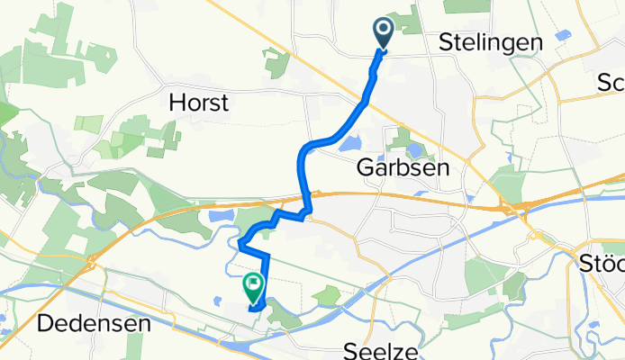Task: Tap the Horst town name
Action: [199, 103]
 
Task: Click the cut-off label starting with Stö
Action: [601, 265]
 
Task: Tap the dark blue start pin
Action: [383, 34]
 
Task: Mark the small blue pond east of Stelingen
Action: [564, 37]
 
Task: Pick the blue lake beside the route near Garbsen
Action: [350, 142]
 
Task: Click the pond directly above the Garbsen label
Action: [414, 149]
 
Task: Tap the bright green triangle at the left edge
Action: [5, 114]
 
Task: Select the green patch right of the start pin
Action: [411, 20]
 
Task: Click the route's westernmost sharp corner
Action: [241, 241]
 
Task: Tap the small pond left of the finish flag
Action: [220, 301]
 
